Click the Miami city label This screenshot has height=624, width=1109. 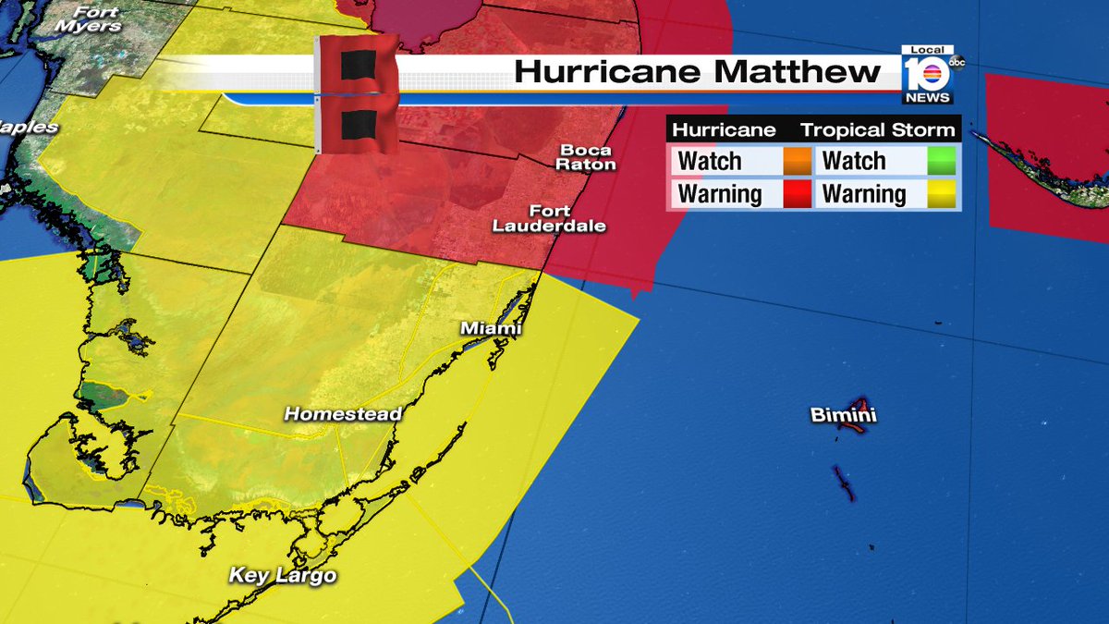point(492,329)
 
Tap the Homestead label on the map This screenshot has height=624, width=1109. point(343,414)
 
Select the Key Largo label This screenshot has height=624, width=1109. point(283,576)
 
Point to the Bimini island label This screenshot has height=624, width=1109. point(843,416)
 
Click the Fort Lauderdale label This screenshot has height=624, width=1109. point(549,218)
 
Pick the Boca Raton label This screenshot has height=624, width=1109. point(587,157)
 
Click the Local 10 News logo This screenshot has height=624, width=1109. point(927,74)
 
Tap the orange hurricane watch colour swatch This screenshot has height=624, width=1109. point(796,161)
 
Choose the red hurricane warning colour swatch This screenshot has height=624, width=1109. point(796,194)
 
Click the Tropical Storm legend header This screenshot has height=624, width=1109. point(877,130)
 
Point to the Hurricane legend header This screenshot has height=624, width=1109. point(723,130)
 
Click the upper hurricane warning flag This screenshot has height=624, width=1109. point(358,65)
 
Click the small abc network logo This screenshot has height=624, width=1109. point(957,63)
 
